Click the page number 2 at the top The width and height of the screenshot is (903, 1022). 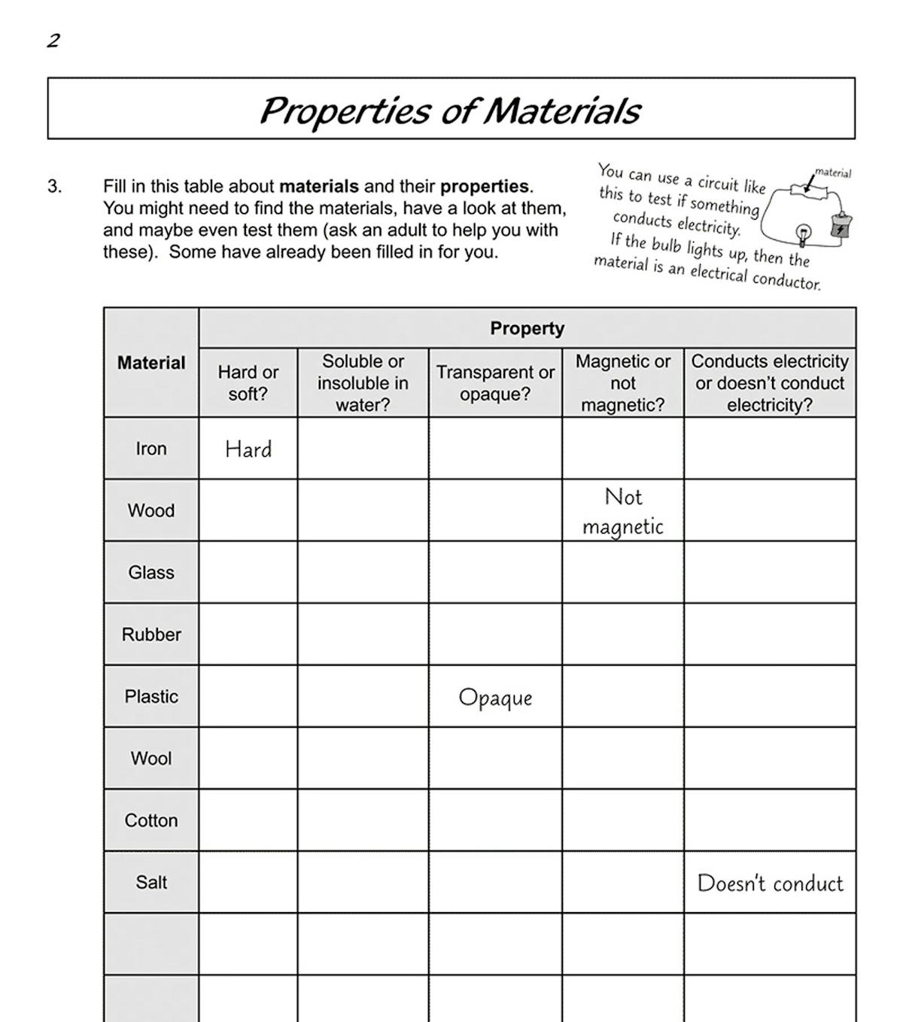(x=53, y=41)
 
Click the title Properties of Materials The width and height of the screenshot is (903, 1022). (x=450, y=110)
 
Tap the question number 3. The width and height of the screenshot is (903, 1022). (x=54, y=186)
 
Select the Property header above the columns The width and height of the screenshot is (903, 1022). (x=527, y=328)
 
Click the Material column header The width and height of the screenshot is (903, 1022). (x=150, y=363)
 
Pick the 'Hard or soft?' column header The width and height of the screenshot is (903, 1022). (x=248, y=383)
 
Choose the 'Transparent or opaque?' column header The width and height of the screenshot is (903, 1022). (x=495, y=383)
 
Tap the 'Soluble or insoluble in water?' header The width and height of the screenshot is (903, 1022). (x=363, y=383)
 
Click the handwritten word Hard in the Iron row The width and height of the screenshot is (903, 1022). (x=248, y=449)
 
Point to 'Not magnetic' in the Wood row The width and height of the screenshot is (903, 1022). (x=623, y=511)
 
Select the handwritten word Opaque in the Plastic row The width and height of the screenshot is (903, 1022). (x=495, y=698)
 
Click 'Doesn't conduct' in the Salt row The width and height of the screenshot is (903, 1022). (x=770, y=883)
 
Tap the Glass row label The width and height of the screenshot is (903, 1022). (x=150, y=573)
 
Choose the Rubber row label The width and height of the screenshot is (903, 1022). (x=150, y=634)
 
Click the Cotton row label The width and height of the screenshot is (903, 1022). (x=150, y=820)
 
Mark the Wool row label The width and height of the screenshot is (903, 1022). (x=150, y=759)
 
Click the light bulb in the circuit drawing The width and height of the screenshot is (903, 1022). (x=804, y=234)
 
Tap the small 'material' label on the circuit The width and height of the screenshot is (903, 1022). (x=833, y=173)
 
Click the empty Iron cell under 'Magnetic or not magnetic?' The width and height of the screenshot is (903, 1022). (x=623, y=449)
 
